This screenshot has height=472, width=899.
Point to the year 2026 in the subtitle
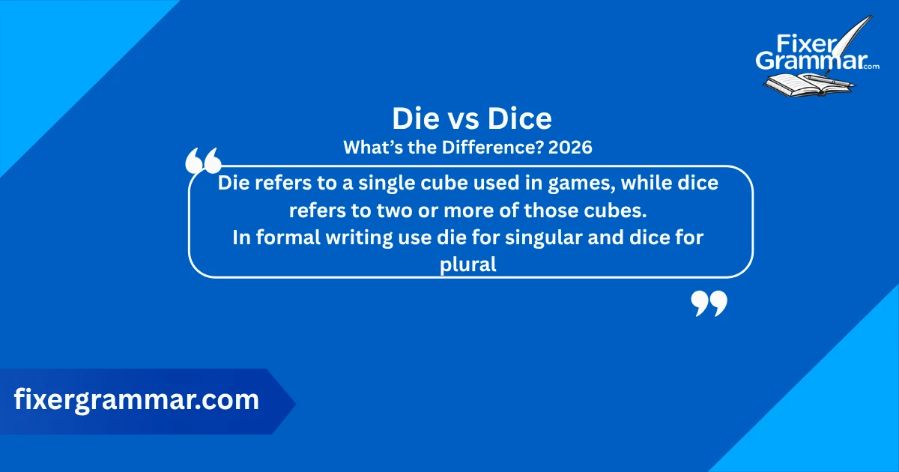(570, 148)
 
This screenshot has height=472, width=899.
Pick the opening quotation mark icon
(202, 160)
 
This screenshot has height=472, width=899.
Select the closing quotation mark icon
(709, 303)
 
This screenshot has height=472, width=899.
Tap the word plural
(469, 265)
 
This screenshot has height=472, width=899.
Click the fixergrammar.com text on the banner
(136, 400)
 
